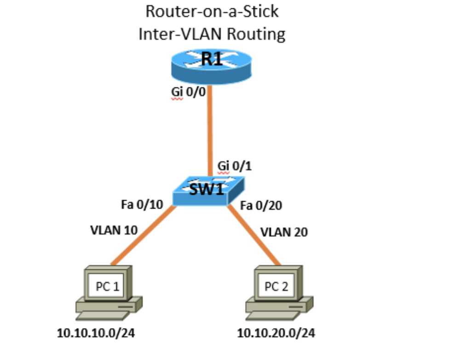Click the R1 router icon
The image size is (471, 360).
212,66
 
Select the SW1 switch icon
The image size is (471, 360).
210,190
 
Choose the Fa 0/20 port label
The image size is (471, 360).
261,205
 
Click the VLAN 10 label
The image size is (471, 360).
114,230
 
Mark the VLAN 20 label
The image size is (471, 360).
284,232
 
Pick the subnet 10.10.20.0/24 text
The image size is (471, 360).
276,332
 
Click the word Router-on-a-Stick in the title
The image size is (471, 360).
212,11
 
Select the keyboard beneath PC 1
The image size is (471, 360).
104,315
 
